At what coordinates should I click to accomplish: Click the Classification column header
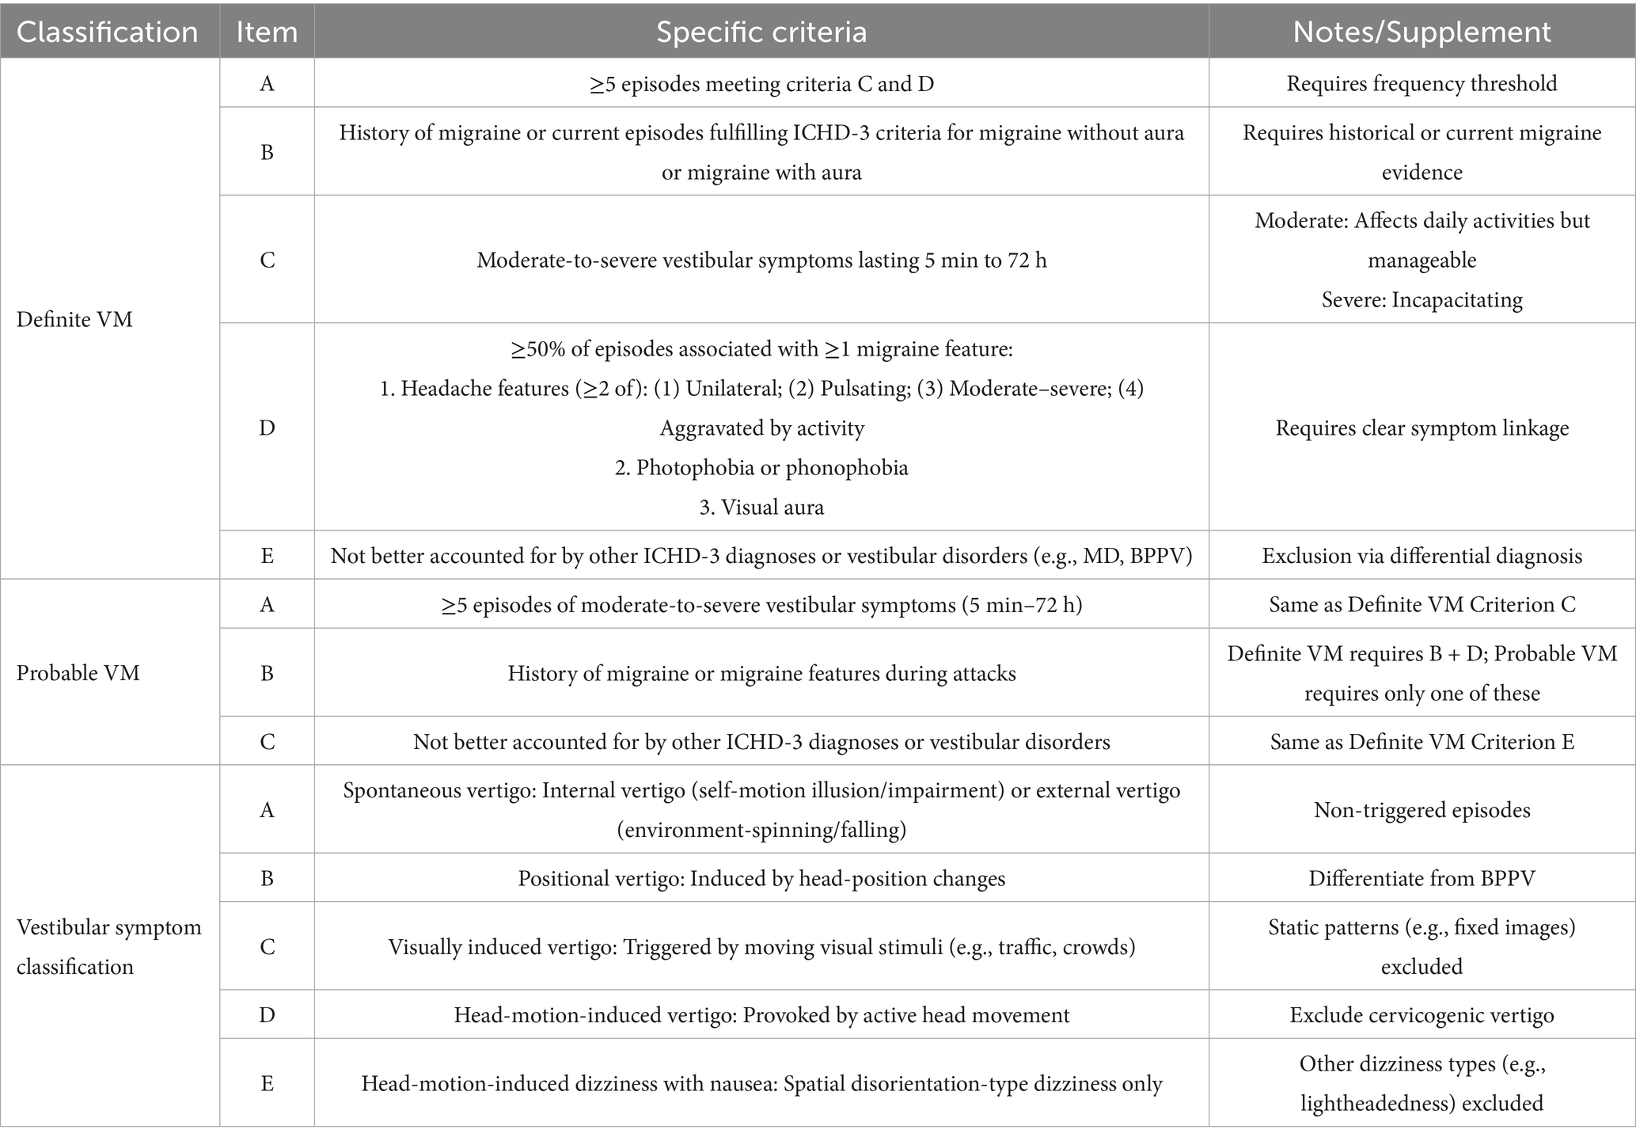point(108,32)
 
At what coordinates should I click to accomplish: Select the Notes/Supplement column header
point(1422,32)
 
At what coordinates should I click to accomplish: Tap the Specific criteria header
point(761,32)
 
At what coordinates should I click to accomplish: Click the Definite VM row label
point(74,319)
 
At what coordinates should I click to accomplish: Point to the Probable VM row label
point(78,673)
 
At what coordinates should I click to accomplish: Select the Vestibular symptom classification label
point(108,946)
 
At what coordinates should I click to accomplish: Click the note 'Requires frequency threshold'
point(1422,83)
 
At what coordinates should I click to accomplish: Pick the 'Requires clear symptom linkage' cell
point(1422,428)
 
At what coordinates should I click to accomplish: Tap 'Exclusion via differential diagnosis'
point(1422,555)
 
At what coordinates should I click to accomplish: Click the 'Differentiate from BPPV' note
point(1422,878)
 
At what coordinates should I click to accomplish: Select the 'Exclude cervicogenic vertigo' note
point(1422,1015)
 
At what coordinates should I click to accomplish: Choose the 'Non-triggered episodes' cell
point(1422,809)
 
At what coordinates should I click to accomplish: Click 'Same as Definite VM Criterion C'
point(1422,605)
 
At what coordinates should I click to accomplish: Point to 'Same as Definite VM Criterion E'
point(1422,742)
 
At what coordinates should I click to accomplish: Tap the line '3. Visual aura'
point(761,507)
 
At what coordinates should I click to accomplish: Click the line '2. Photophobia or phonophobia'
point(761,467)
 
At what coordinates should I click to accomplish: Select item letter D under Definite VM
point(267,428)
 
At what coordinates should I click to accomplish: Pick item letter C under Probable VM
point(267,742)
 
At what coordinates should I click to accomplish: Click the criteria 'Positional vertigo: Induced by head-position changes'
point(761,878)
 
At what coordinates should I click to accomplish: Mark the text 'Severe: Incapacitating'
point(1422,299)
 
